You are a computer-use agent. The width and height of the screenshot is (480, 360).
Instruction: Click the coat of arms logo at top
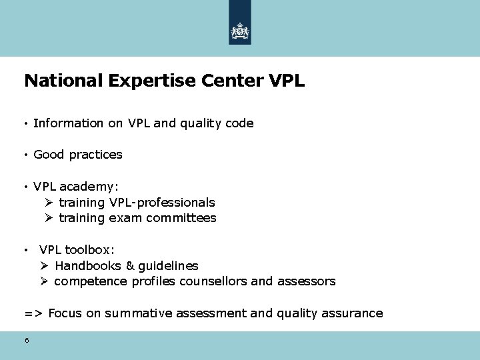(x=240, y=31)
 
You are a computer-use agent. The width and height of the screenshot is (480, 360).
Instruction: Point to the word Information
(x=68, y=123)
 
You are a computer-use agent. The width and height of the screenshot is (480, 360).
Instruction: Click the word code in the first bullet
(x=239, y=123)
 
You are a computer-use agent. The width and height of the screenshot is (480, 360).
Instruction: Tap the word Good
(x=49, y=155)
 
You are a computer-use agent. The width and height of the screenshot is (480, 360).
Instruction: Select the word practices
(x=96, y=155)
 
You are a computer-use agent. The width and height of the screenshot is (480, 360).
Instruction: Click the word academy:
(x=91, y=187)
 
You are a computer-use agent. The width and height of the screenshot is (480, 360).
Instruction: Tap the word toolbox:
(x=90, y=250)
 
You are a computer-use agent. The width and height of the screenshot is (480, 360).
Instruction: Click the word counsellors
(x=214, y=281)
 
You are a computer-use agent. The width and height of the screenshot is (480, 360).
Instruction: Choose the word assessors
(x=306, y=281)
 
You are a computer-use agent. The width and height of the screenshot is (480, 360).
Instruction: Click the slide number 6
(x=27, y=340)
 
